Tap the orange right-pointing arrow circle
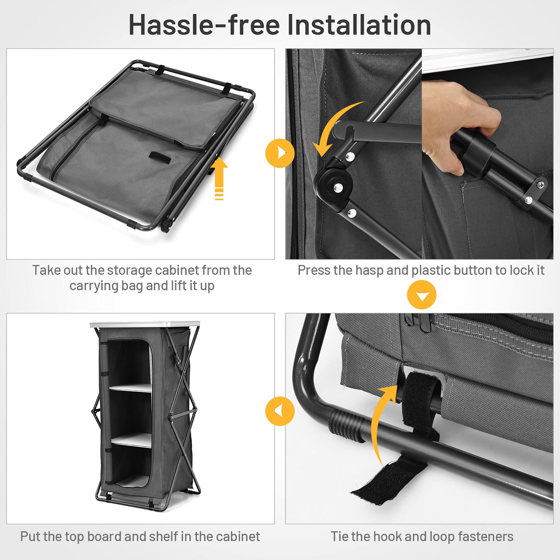(280, 153)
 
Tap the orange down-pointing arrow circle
(421, 295)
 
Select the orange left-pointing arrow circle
(280, 411)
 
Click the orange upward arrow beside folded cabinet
(219, 177)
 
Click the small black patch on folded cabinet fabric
(160, 156)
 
